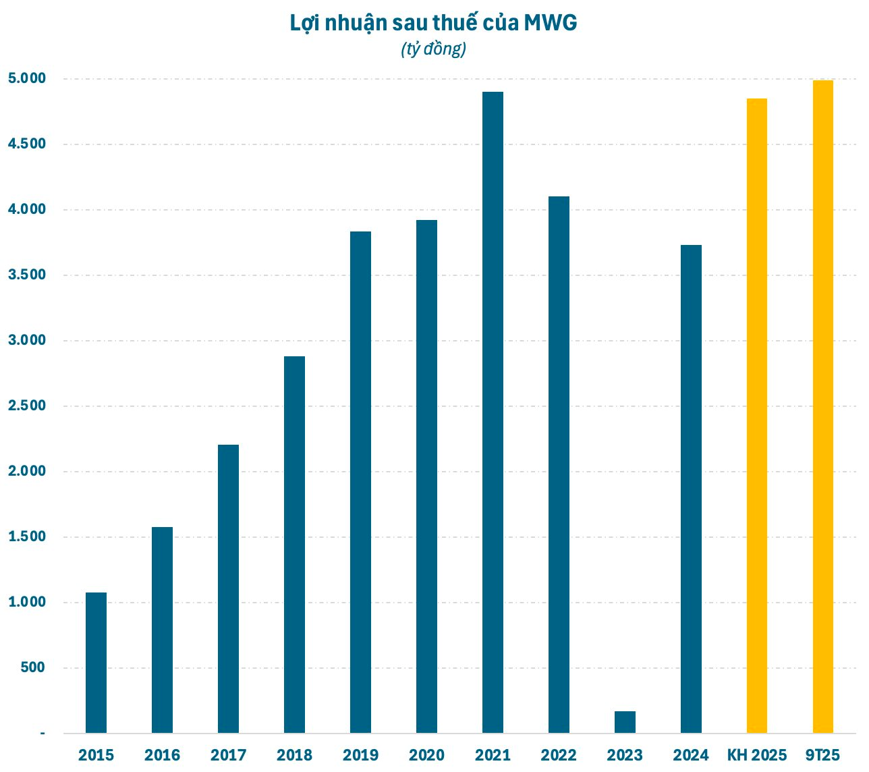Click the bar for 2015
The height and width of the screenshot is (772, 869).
pyautogui.click(x=96, y=663)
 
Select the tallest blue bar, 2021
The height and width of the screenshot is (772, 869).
pyautogui.click(x=493, y=412)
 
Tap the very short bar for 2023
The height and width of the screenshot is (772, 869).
pyautogui.click(x=625, y=722)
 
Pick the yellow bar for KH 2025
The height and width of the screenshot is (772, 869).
pyautogui.click(x=757, y=416)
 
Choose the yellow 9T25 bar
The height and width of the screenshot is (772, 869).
pyautogui.click(x=823, y=406)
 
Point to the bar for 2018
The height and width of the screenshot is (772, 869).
pyautogui.click(x=294, y=545)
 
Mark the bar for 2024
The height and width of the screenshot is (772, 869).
pyautogui.click(x=691, y=489)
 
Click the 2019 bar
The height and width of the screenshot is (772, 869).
pyautogui.click(x=360, y=482)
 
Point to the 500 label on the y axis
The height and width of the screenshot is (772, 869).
pyautogui.click(x=32, y=667)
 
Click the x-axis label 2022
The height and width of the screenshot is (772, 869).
pyautogui.click(x=559, y=755)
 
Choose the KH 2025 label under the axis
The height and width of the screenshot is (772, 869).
pyautogui.click(x=757, y=755)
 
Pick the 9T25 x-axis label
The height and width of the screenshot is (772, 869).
pyautogui.click(x=823, y=755)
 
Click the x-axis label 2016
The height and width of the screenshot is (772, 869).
pyautogui.click(x=162, y=755)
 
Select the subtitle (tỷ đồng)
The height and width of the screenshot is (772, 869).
pyautogui.click(x=434, y=49)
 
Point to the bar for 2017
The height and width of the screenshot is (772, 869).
pyautogui.click(x=228, y=588)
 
